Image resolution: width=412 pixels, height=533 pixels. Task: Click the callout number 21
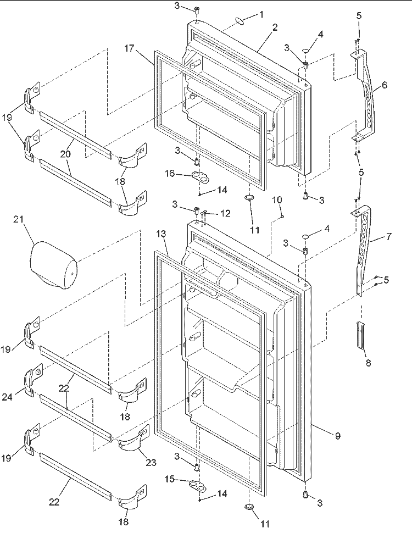pyautogui.click(x=19, y=219)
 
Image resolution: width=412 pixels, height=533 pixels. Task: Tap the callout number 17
pyautogui.click(x=129, y=48)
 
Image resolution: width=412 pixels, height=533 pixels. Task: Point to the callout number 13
pyautogui.click(x=162, y=234)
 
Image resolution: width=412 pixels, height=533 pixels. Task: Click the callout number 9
pyautogui.click(x=337, y=435)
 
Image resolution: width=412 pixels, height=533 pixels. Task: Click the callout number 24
pyautogui.click(x=8, y=397)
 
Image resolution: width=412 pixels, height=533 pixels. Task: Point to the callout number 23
pyautogui.click(x=151, y=462)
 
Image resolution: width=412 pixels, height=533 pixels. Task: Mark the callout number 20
pyautogui.click(x=65, y=154)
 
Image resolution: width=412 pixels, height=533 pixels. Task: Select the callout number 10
pyautogui.click(x=277, y=199)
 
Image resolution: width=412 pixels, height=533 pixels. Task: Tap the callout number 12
pyautogui.click(x=225, y=213)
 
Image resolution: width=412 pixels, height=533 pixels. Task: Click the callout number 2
pyautogui.click(x=275, y=27)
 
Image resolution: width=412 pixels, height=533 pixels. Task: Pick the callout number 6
pyautogui.click(x=384, y=85)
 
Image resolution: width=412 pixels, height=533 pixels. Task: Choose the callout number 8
pyautogui.click(x=368, y=363)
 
